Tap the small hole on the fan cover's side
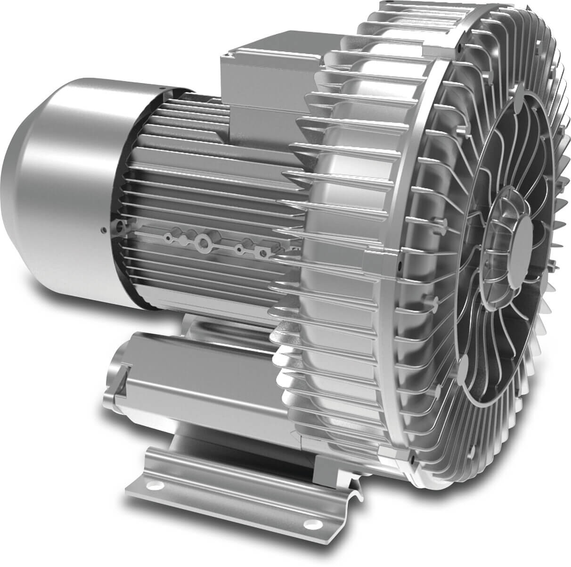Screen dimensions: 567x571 [103, 230]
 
